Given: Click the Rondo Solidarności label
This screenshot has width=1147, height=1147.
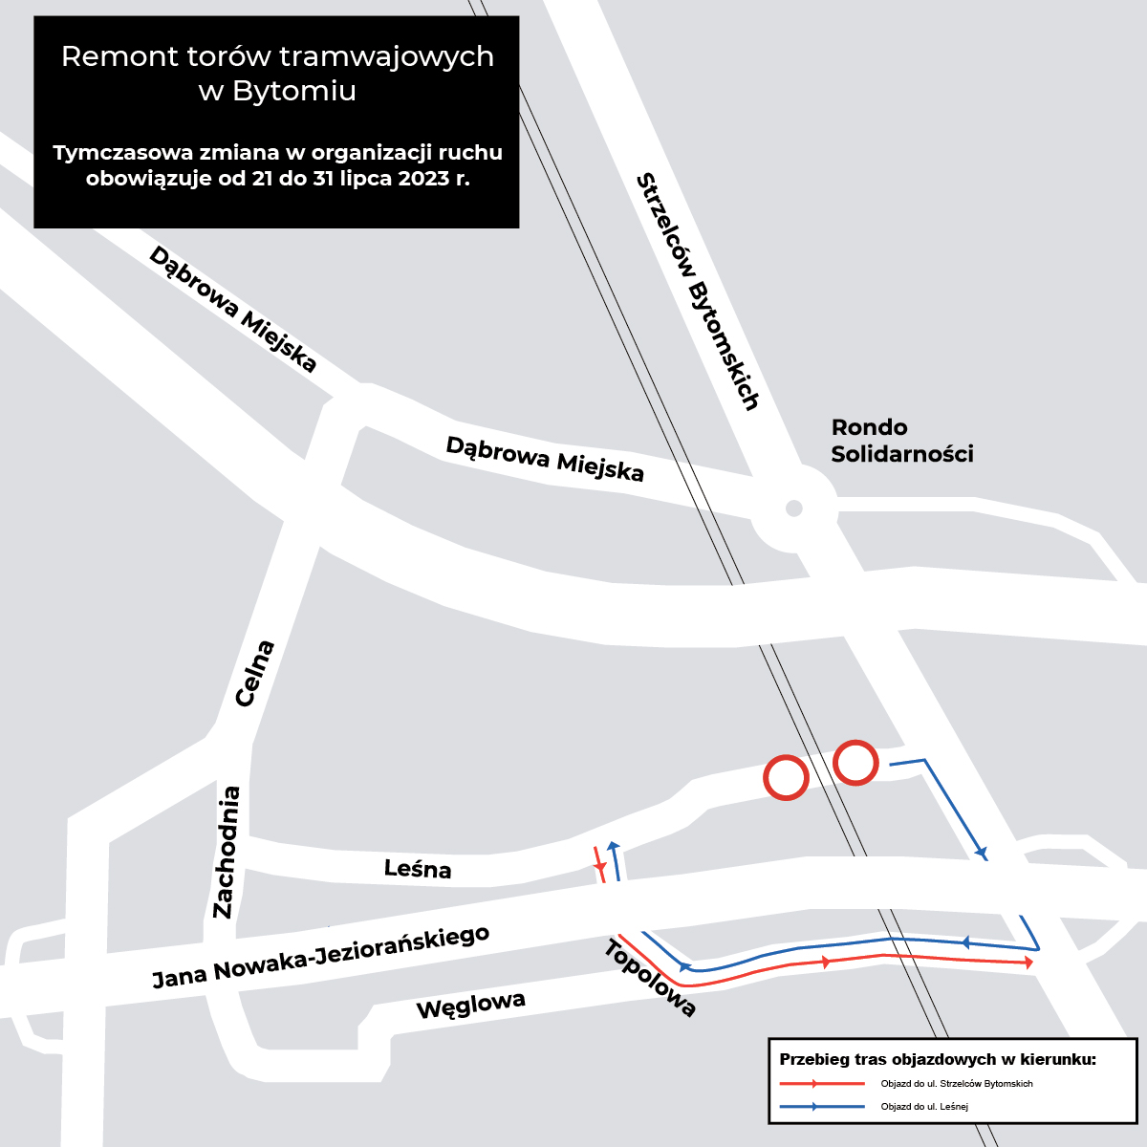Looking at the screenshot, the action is [x=901, y=441].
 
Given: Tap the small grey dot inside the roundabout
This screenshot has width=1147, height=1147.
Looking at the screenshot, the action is [x=794, y=508].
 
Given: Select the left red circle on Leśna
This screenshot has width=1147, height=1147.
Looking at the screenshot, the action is [x=786, y=777].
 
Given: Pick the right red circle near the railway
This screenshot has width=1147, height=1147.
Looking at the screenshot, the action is [x=855, y=763].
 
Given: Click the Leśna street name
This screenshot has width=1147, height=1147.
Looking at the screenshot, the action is [x=418, y=869].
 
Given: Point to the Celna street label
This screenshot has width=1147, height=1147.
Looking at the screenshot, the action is [x=255, y=673].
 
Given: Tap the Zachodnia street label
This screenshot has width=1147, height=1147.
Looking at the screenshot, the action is [x=227, y=853].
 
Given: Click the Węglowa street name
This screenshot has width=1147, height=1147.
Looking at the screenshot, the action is [x=471, y=1006].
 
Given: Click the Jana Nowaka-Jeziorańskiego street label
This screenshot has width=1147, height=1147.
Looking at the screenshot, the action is [x=321, y=958].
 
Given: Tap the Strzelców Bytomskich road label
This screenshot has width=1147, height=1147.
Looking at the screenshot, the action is [x=698, y=292].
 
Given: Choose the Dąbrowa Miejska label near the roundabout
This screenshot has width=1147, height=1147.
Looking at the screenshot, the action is [x=545, y=459].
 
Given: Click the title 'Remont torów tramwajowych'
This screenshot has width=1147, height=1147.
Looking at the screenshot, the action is [x=277, y=56].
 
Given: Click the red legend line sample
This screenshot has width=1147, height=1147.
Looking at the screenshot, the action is [x=822, y=1083].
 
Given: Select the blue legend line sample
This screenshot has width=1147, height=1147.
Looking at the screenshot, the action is [x=822, y=1107].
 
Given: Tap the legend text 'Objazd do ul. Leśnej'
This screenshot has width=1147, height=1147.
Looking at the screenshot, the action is [x=924, y=1107].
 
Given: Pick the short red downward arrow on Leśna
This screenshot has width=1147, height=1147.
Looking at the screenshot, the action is [x=599, y=864].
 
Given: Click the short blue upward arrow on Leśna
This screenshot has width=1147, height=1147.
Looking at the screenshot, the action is [x=615, y=860].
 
